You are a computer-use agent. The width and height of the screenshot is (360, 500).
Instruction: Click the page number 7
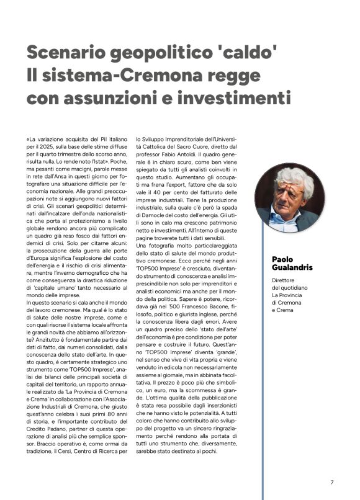point(332,482)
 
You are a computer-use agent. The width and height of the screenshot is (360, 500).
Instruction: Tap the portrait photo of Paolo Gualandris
point(289,198)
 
